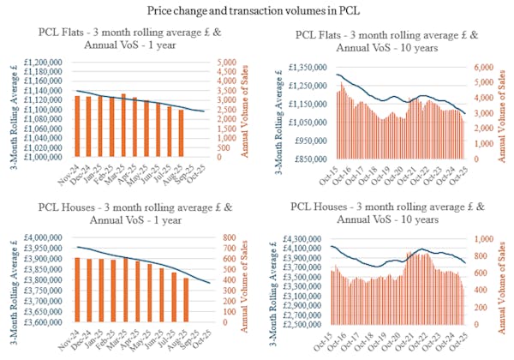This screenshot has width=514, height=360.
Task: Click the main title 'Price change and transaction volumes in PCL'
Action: coord(256,10)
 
